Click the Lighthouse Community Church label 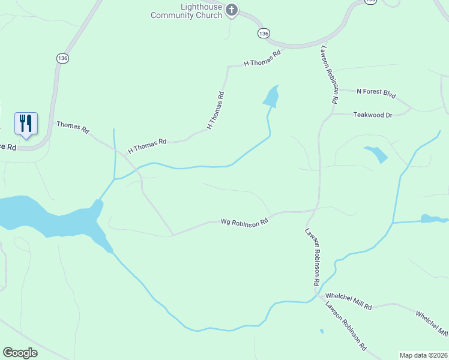tap(186, 11)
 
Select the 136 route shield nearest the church tap(264, 33)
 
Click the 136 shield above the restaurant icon tap(63, 58)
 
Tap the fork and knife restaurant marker tap(26, 123)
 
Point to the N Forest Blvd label tap(376, 92)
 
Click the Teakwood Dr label tap(372, 115)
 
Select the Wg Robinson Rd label tap(244, 221)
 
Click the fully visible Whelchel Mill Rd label tap(348, 302)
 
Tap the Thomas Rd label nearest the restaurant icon tap(73, 127)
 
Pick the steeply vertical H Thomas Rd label tap(215, 110)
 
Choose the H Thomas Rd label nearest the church tap(262, 58)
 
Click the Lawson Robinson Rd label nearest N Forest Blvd tap(330, 75)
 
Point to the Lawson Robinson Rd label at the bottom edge tap(346, 326)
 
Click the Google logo tap(20, 353)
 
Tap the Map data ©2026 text tap(423, 355)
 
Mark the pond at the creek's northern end tap(272, 96)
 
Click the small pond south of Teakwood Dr tap(376, 154)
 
